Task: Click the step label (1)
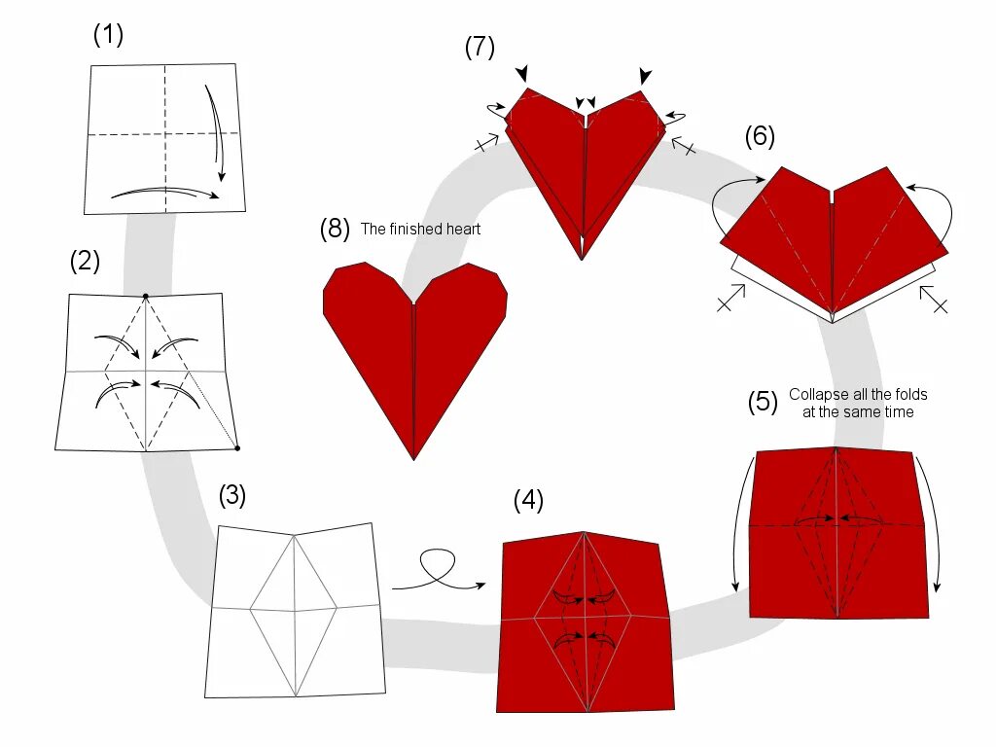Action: (108, 36)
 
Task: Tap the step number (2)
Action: (85, 261)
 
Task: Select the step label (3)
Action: (231, 496)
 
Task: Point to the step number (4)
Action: (528, 501)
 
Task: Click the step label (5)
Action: (763, 403)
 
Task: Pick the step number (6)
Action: (760, 137)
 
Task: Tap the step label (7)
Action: (479, 47)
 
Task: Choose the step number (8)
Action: (334, 230)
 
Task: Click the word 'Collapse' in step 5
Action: (818, 394)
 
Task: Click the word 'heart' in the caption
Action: (462, 230)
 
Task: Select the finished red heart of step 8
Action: (414, 350)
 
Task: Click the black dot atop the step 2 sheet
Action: (145, 295)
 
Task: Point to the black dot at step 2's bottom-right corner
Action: (238, 448)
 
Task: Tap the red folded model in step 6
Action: (834, 233)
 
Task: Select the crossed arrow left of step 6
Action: (730, 298)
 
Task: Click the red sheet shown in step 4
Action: (584, 622)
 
